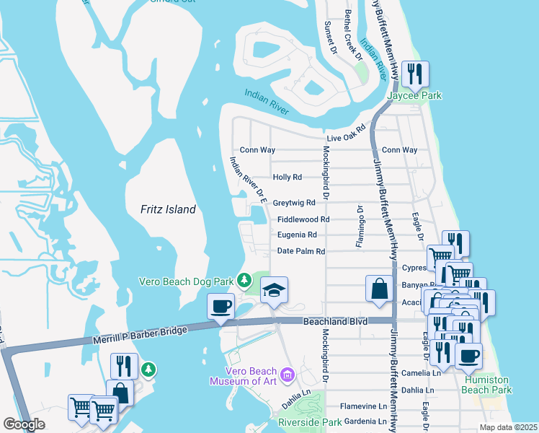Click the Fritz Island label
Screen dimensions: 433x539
click(168, 209)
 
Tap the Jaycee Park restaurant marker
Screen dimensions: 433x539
click(415, 74)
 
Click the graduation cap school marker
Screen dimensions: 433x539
click(274, 290)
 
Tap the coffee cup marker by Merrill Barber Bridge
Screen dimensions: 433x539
click(221, 306)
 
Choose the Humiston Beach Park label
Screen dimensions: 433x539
click(488, 385)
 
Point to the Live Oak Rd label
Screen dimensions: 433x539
click(346, 137)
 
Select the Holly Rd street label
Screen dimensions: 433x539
click(287, 177)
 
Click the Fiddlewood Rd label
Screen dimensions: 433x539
click(303, 219)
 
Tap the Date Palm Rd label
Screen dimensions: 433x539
click(301, 252)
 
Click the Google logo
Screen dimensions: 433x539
click(24, 424)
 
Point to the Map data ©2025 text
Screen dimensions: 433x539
click(508, 427)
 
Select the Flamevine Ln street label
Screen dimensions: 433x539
click(363, 406)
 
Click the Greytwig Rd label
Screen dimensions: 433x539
click(293, 203)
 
